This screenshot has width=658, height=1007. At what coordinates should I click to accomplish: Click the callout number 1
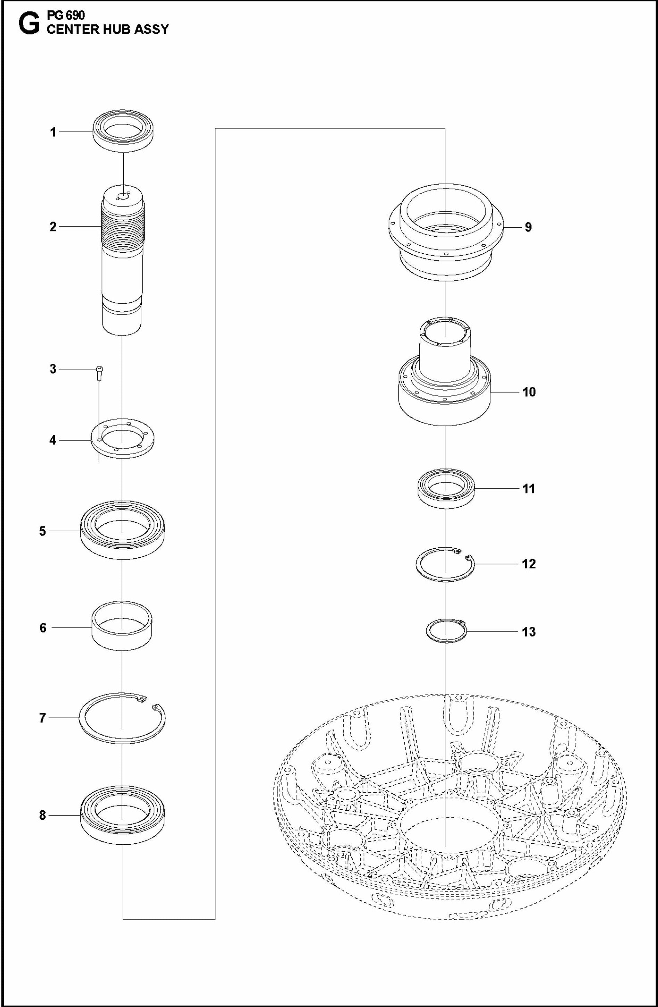[53, 132]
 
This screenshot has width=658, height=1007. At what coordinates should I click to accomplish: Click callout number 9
[528, 227]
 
